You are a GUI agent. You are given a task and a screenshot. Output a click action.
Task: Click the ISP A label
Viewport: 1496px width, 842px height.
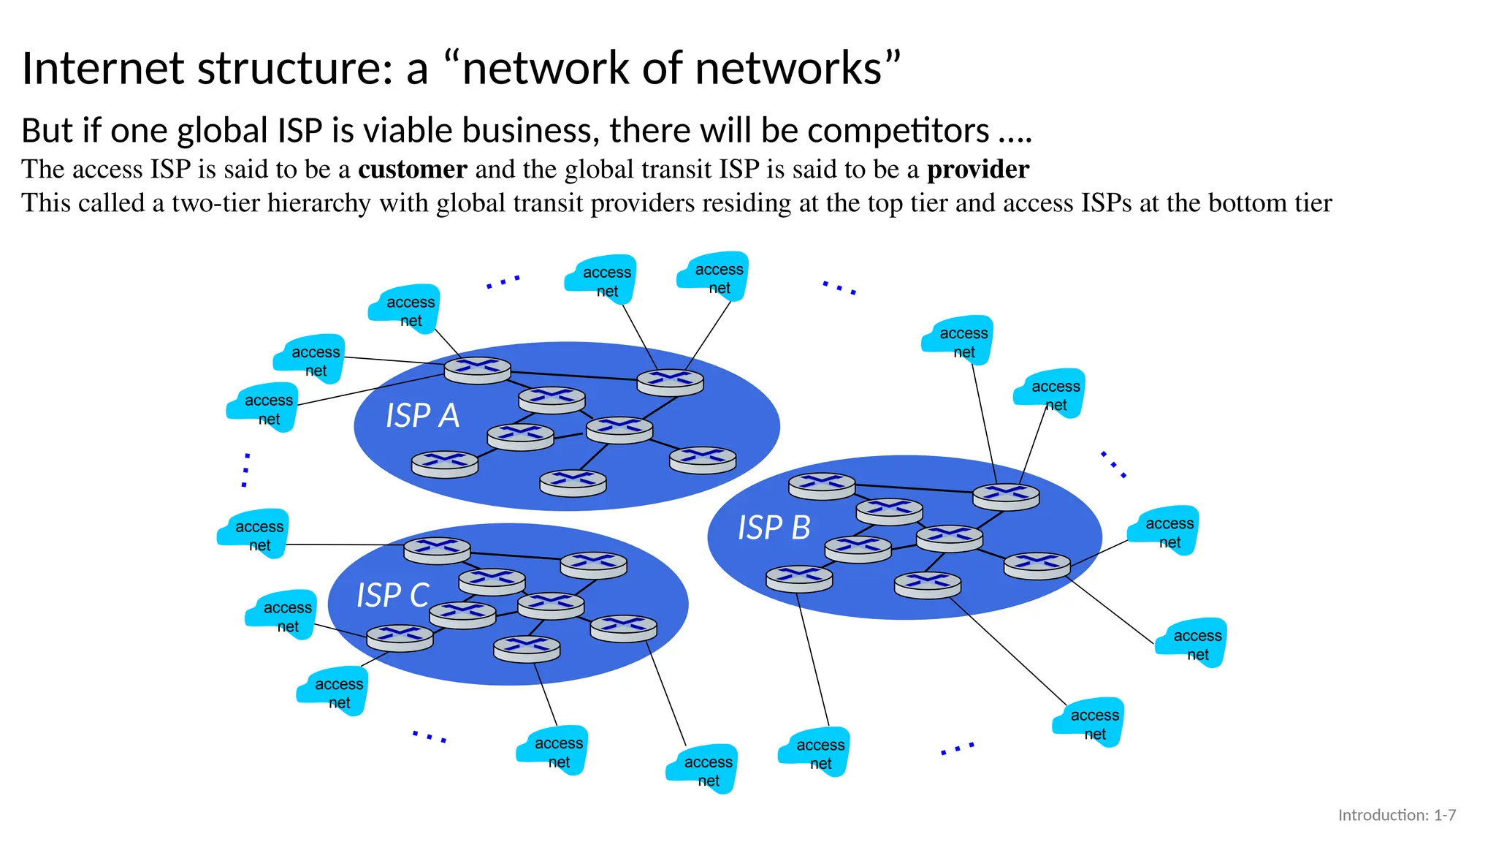(422, 416)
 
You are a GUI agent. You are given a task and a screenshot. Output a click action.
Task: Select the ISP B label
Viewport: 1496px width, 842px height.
(774, 528)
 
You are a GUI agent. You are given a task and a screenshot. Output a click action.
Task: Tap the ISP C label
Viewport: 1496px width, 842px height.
(392, 595)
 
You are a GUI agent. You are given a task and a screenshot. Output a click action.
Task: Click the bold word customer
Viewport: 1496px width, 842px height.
(412, 170)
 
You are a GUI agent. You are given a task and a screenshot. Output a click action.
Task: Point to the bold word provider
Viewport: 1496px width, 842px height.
(977, 170)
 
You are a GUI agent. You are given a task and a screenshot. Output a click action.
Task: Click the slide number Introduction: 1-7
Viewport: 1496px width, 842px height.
(1396, 815)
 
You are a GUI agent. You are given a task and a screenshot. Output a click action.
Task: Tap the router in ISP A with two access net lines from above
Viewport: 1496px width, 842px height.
(670, 382)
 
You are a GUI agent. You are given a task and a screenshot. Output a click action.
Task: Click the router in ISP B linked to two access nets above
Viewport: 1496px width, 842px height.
(1006, 497)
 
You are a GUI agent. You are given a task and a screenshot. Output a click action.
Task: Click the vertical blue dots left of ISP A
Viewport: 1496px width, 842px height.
(246, 470)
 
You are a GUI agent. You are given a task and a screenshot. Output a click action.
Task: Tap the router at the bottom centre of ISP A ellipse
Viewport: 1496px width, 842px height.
(573, 483)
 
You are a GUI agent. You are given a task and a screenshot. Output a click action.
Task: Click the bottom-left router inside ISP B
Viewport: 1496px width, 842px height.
(799, 578)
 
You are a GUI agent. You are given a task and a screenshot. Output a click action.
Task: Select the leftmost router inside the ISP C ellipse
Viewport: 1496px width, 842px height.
(400, 637)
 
